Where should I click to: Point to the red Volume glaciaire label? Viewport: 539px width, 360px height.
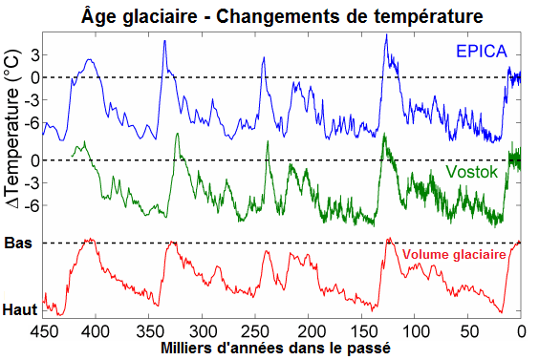pos(454,256)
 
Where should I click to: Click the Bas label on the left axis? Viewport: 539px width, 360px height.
pos(18,243)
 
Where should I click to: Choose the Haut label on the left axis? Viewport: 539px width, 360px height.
pos(19,310)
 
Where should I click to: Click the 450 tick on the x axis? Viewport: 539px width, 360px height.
pos(42,331)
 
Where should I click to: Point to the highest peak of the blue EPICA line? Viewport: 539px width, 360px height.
pos(386,35)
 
